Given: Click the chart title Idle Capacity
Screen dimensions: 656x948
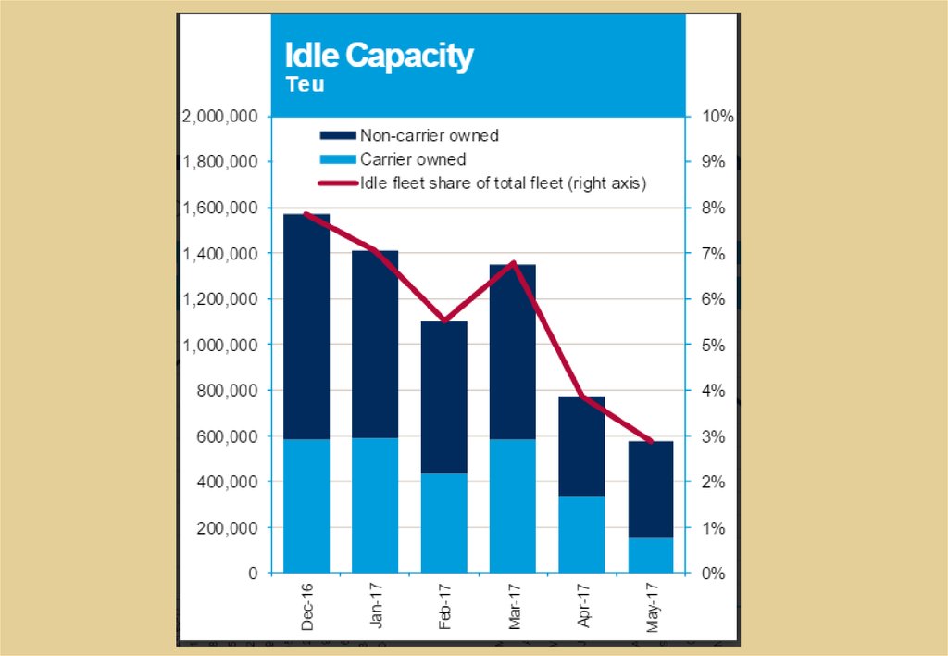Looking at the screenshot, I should click(x=379, y=57).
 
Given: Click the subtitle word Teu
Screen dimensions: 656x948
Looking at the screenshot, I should click(x=305, y=84).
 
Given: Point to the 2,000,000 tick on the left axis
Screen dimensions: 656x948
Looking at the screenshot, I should click(x=220, y=117).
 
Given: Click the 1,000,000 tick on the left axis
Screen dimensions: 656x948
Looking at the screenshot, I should click(x=220, y=345).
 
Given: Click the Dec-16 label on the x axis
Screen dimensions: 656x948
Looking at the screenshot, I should click(x=306, y=607).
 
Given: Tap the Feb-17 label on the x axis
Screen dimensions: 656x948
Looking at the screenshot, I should click(x=445, y=607).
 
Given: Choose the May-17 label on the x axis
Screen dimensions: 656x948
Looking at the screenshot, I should click(x=653, y=607).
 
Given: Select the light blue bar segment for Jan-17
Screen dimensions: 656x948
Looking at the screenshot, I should click(x=375, y=505).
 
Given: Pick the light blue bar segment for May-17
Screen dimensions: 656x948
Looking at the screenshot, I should click(x=651, y=555).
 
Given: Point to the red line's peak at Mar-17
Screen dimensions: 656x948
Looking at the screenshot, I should click(x=513, y=264).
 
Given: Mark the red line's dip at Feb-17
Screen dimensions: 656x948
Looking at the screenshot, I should click(x=444, y=321).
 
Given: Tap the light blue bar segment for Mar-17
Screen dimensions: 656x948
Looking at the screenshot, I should click(x=513, y=506).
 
